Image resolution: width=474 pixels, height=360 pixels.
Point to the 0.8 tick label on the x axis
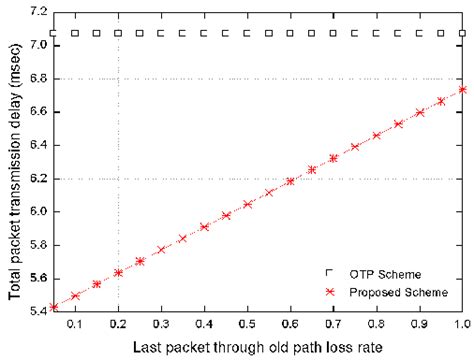pyautogui.click(x=376, y=324)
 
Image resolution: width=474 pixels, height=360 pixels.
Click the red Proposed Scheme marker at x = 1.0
pyautogui.click(x=462, y=89)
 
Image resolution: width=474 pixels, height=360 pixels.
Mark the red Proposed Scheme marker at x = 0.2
pyautogui.click(x=118, y=272)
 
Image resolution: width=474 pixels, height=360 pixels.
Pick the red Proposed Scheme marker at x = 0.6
pyautogui.click(x=290, y=181)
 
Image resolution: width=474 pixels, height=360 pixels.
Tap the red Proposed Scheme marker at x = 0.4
pyautogui.click(x=204, y=227)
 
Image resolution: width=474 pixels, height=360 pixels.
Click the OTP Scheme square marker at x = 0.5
pyautogui.click(x=247, y=33)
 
